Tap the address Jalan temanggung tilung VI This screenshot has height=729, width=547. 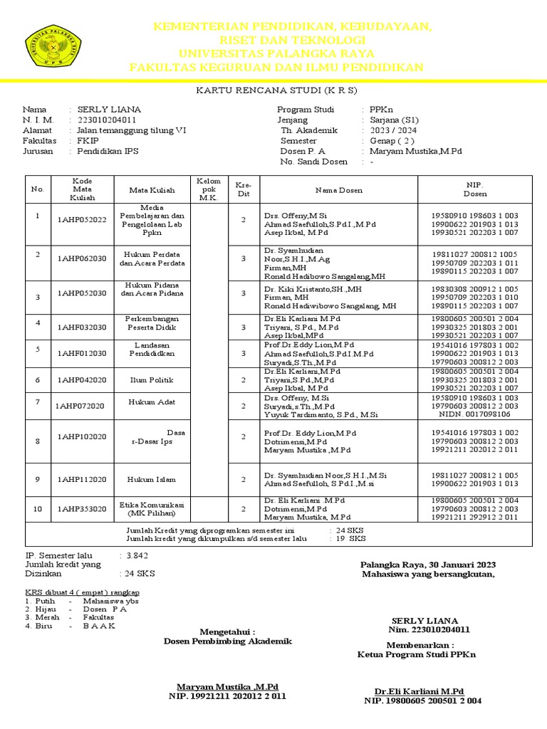[132, 131]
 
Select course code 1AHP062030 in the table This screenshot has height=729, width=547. [82, 258]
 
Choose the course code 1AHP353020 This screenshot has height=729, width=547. [82, 509]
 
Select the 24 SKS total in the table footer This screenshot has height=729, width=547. [350, 530]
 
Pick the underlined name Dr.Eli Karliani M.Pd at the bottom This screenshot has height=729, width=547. [420, 691]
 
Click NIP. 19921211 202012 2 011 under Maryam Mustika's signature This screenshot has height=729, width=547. [227, 696]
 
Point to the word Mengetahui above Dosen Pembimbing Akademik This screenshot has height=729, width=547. [226, 631]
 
